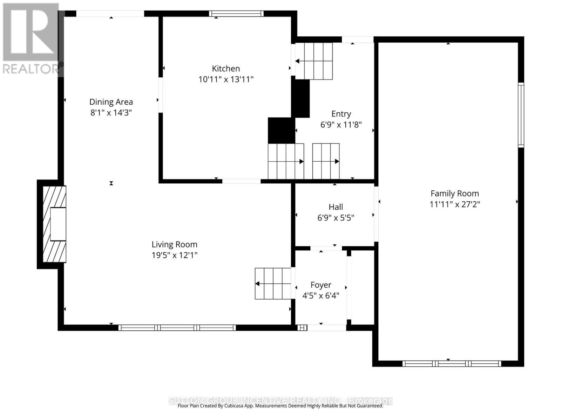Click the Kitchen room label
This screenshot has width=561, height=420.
coord(226,69)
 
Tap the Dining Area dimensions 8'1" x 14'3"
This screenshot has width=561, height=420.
coord(111,113)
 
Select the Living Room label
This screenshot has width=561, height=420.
coord(174,245)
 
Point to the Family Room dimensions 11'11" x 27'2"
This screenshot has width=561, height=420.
coord(454,204)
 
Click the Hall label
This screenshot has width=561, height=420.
coord(336,207)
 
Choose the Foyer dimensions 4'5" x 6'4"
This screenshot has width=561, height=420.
coord(320,296)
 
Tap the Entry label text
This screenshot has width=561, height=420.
coord(341,114)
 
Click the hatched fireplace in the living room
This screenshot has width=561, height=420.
coord(54,224)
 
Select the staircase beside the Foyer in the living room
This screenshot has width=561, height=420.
coord(273,283)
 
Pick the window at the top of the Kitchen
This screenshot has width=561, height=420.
coord(236,14)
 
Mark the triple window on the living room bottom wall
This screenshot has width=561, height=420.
coord(177,328)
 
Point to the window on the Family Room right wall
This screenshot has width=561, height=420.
coord(521,115)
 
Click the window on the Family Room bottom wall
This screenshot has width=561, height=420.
coord(452,364)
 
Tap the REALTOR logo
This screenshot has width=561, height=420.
coord(32,38)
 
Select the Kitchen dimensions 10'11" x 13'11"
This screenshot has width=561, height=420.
coord(226,79)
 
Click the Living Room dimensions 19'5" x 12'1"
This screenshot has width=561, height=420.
coord(174,255)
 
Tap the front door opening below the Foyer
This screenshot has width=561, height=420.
coord(326,328)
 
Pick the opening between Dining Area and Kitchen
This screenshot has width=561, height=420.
coord(160,95)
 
